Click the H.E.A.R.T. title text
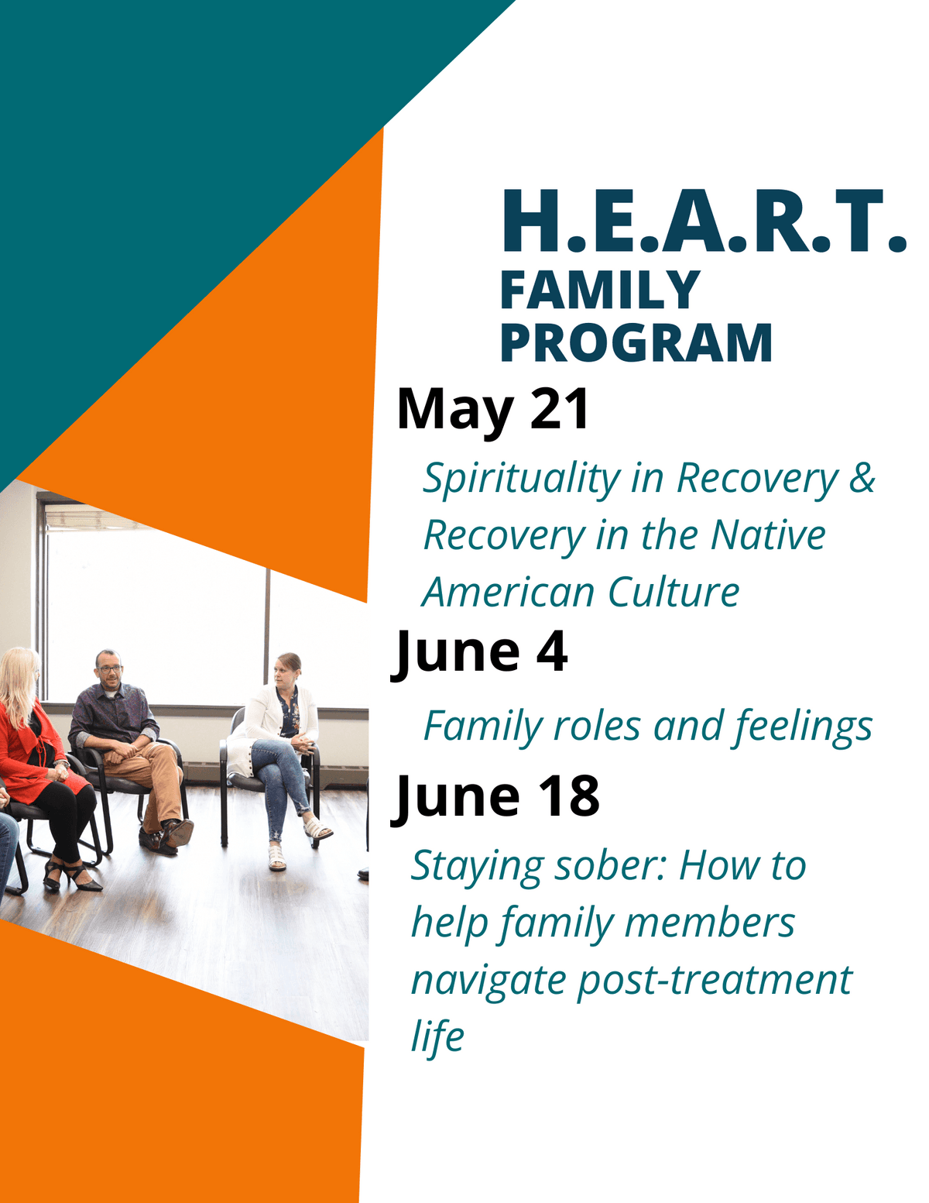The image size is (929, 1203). [703, 222]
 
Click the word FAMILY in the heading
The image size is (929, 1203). [600, 290]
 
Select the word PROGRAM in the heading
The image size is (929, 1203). [636, 343]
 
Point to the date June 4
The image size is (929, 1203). [480, 652]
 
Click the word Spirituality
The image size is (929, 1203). [521, 479]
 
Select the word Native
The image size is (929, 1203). [768, 535]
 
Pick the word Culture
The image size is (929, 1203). [673, 593]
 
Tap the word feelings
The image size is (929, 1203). [803, 727]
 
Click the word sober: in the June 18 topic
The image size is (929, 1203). [605, 866]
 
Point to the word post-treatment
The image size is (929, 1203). [715, 980]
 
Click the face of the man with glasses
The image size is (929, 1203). [109, 669]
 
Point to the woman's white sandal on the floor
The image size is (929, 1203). [276, 858]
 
